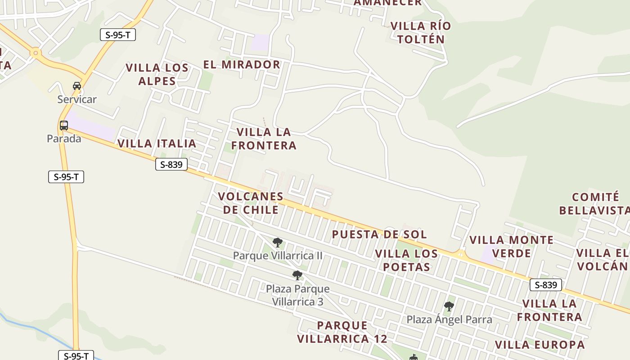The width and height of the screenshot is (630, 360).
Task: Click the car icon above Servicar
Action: (x=77, y=85)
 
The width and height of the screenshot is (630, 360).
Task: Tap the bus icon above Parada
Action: (x=64, y=126)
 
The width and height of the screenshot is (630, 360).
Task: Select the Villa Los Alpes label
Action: (x=157, y=74)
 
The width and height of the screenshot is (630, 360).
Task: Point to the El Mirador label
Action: (x=242, y=64)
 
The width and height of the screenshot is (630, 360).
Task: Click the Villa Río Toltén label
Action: (x=420, y=32)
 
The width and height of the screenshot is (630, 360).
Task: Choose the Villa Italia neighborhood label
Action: (x=157, y=144)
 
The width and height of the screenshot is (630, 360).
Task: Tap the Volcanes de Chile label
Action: (x=251, y=203)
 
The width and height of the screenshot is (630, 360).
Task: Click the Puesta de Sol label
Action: (x=379, y=234)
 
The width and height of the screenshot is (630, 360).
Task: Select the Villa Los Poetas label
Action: (x=406, y=260)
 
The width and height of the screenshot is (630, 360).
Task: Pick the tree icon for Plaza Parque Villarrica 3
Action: (x=297, y=275)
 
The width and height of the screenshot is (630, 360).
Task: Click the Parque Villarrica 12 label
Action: (x=342, y=332)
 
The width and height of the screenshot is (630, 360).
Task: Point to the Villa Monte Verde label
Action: (x=512, y=247)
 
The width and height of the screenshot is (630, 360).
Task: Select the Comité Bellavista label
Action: (x=595, y=203)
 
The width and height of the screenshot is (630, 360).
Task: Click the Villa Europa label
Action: (x=540, y=345)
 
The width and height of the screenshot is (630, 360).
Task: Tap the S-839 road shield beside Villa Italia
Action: (x=171, y=164)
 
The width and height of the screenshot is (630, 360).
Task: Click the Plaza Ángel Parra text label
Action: (x=449, y=319)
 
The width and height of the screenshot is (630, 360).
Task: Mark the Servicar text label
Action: (x=77, y=99)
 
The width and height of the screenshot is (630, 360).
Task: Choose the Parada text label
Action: (x=64, y=139)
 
